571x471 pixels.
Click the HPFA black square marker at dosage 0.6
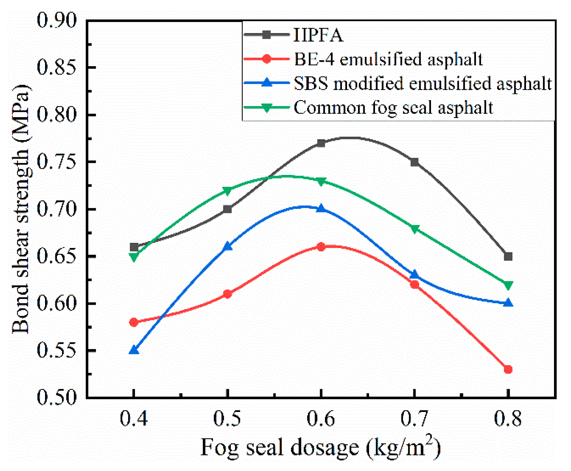321,143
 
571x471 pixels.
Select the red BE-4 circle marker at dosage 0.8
508,370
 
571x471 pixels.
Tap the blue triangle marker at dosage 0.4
134,350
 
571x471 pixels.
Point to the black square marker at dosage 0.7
414,162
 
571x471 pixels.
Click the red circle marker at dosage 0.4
134,322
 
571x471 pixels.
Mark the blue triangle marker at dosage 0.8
508,303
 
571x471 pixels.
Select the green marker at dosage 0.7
414,229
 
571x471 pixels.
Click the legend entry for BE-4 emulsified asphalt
388,59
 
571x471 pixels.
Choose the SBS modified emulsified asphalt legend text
422,83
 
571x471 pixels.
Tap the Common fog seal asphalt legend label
393,107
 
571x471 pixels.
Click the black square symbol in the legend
266,35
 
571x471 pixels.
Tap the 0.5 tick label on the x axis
227,418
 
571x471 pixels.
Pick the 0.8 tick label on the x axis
508,418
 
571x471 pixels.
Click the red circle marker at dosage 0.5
227,294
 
